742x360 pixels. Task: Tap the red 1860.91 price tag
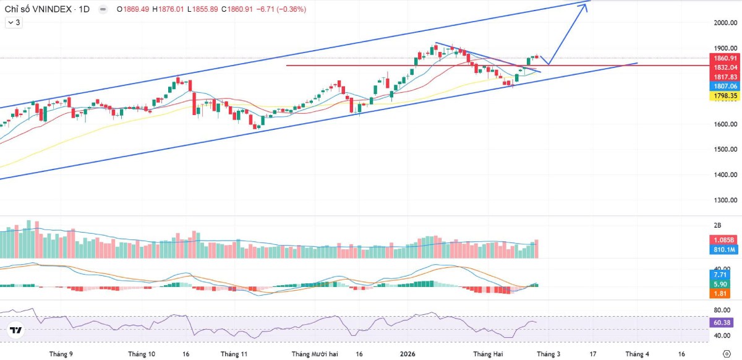click(725, 58)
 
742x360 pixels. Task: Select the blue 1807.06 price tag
click(725, 87)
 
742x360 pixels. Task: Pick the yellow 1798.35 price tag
click(725, 96)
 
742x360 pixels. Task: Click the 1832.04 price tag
click(725, 67)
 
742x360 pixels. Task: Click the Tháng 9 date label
click(61, 354)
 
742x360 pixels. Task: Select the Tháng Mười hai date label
click(315, 354)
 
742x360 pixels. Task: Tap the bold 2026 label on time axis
click(407, 354)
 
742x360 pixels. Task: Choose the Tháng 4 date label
click(637, 354)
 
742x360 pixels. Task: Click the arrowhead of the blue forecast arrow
click(584, 6)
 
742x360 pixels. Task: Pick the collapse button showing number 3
click(14, 22)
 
